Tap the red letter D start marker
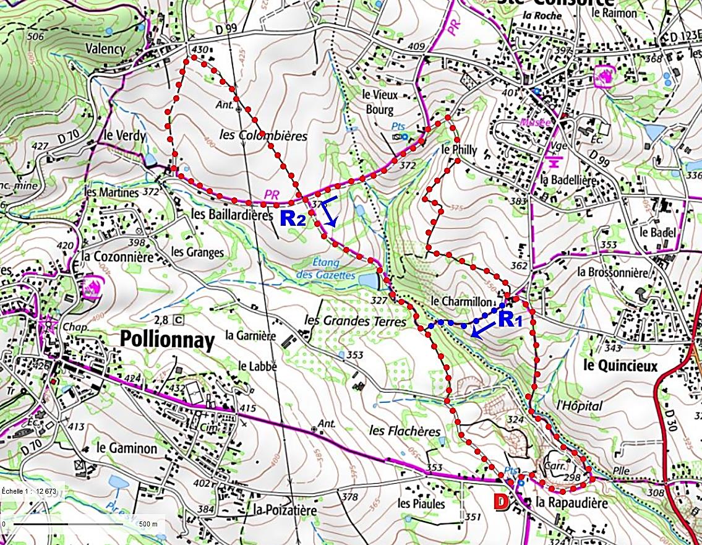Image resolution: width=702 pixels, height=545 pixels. coord(501,502)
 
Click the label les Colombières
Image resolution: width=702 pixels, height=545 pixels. coord(263,135)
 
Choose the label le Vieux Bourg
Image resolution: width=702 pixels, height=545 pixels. coord(380,103)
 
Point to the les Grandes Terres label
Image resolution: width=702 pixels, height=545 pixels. coord(355,322)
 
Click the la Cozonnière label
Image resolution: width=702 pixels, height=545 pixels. coord(117,255)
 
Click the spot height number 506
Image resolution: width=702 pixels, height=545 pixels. coord(36,37)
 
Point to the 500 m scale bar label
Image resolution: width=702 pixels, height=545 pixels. coord(148,524)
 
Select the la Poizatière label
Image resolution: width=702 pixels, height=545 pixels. coord(285,511)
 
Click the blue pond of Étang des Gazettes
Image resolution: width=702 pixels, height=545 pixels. coord(367,280)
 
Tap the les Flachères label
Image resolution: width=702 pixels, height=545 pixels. coord(405,431)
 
